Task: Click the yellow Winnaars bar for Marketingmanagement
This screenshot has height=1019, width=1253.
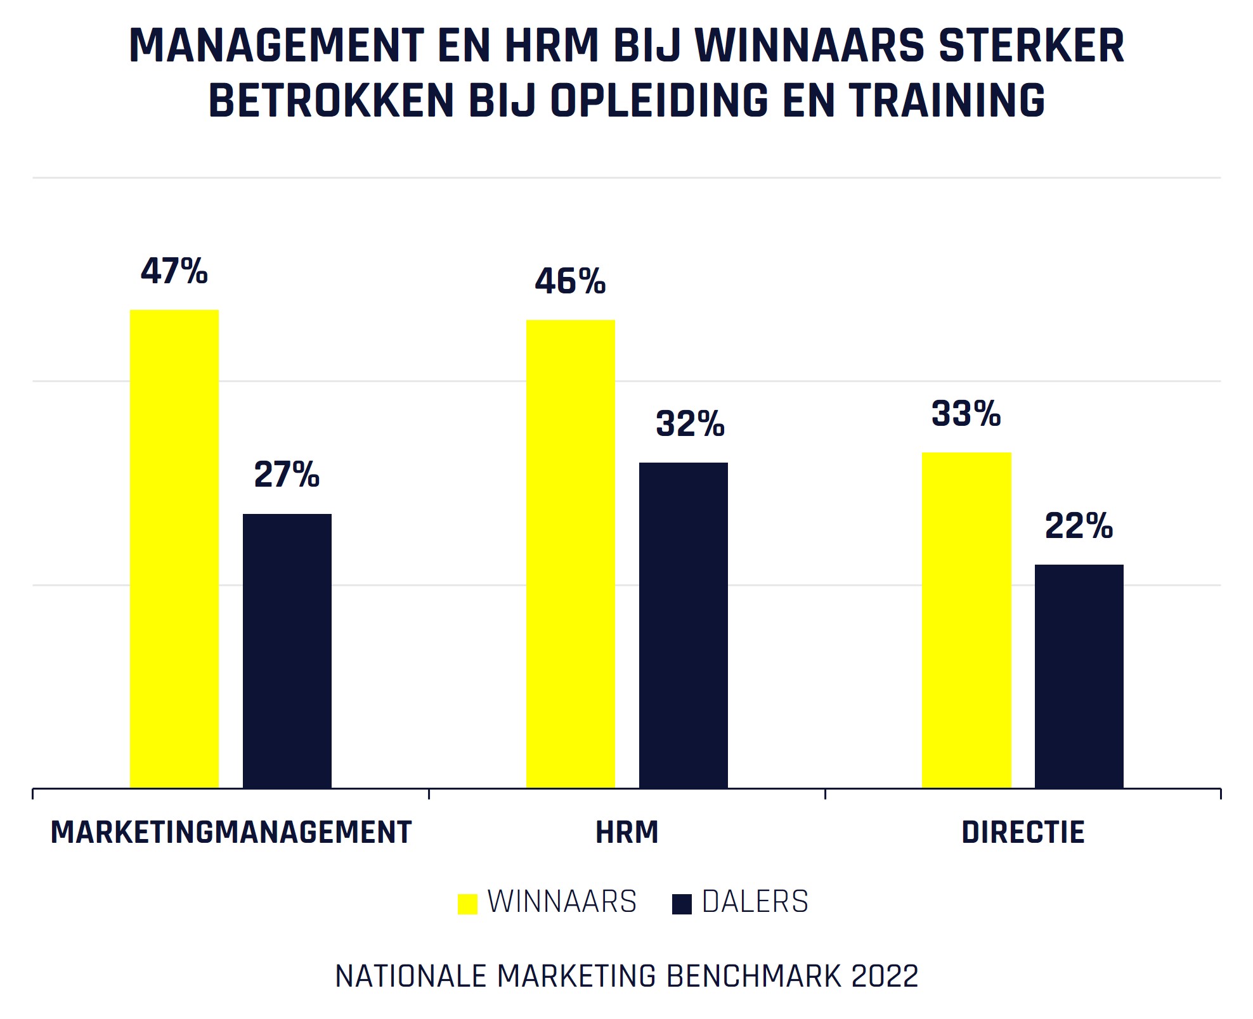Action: click(174, 549)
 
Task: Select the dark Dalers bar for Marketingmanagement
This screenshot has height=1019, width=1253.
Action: click(287, 651)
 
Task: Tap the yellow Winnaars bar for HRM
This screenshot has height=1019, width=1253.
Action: click(571, 554)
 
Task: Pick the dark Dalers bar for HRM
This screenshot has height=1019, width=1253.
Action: click(684, 625)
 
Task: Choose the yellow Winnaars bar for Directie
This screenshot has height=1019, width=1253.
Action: click(966, 620)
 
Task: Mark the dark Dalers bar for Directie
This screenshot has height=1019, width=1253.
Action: click(1079, 676)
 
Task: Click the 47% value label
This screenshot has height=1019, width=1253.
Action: click(174, 271)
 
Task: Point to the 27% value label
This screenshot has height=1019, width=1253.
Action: click(287, 475)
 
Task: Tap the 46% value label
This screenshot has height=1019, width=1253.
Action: click(571, 281)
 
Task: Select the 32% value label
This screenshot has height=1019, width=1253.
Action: click(690, 424)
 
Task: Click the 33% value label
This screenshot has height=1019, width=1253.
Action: click(966, 414)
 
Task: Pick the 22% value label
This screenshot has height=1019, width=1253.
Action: click(1079, 526)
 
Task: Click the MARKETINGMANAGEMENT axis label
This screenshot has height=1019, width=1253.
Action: click(231, 832)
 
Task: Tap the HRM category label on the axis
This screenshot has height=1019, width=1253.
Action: click(627, 832)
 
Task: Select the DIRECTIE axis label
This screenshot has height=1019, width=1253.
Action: click(1023, 832)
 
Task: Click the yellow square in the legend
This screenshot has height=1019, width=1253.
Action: click(467, 904)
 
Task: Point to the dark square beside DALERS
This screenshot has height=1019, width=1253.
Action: click(682, 904)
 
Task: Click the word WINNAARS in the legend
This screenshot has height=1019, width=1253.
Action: click(562, 902)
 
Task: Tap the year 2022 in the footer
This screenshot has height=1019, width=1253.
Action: click(885, 977)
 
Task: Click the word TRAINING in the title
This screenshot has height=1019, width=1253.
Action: click(947, 101)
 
